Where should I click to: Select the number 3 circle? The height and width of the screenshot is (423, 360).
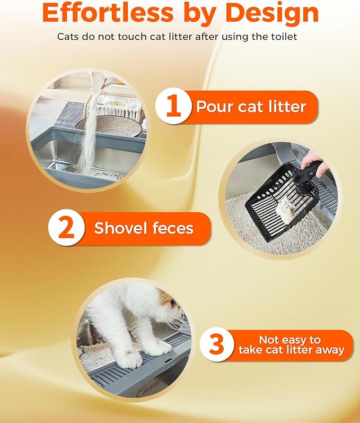point(217,345)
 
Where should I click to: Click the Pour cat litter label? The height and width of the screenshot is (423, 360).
point(251,107)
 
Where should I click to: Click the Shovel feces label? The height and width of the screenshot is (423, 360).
point(144,229)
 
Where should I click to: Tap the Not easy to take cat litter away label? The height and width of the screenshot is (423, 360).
point(291,345)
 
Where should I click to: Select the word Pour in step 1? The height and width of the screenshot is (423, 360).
point(215,107)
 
